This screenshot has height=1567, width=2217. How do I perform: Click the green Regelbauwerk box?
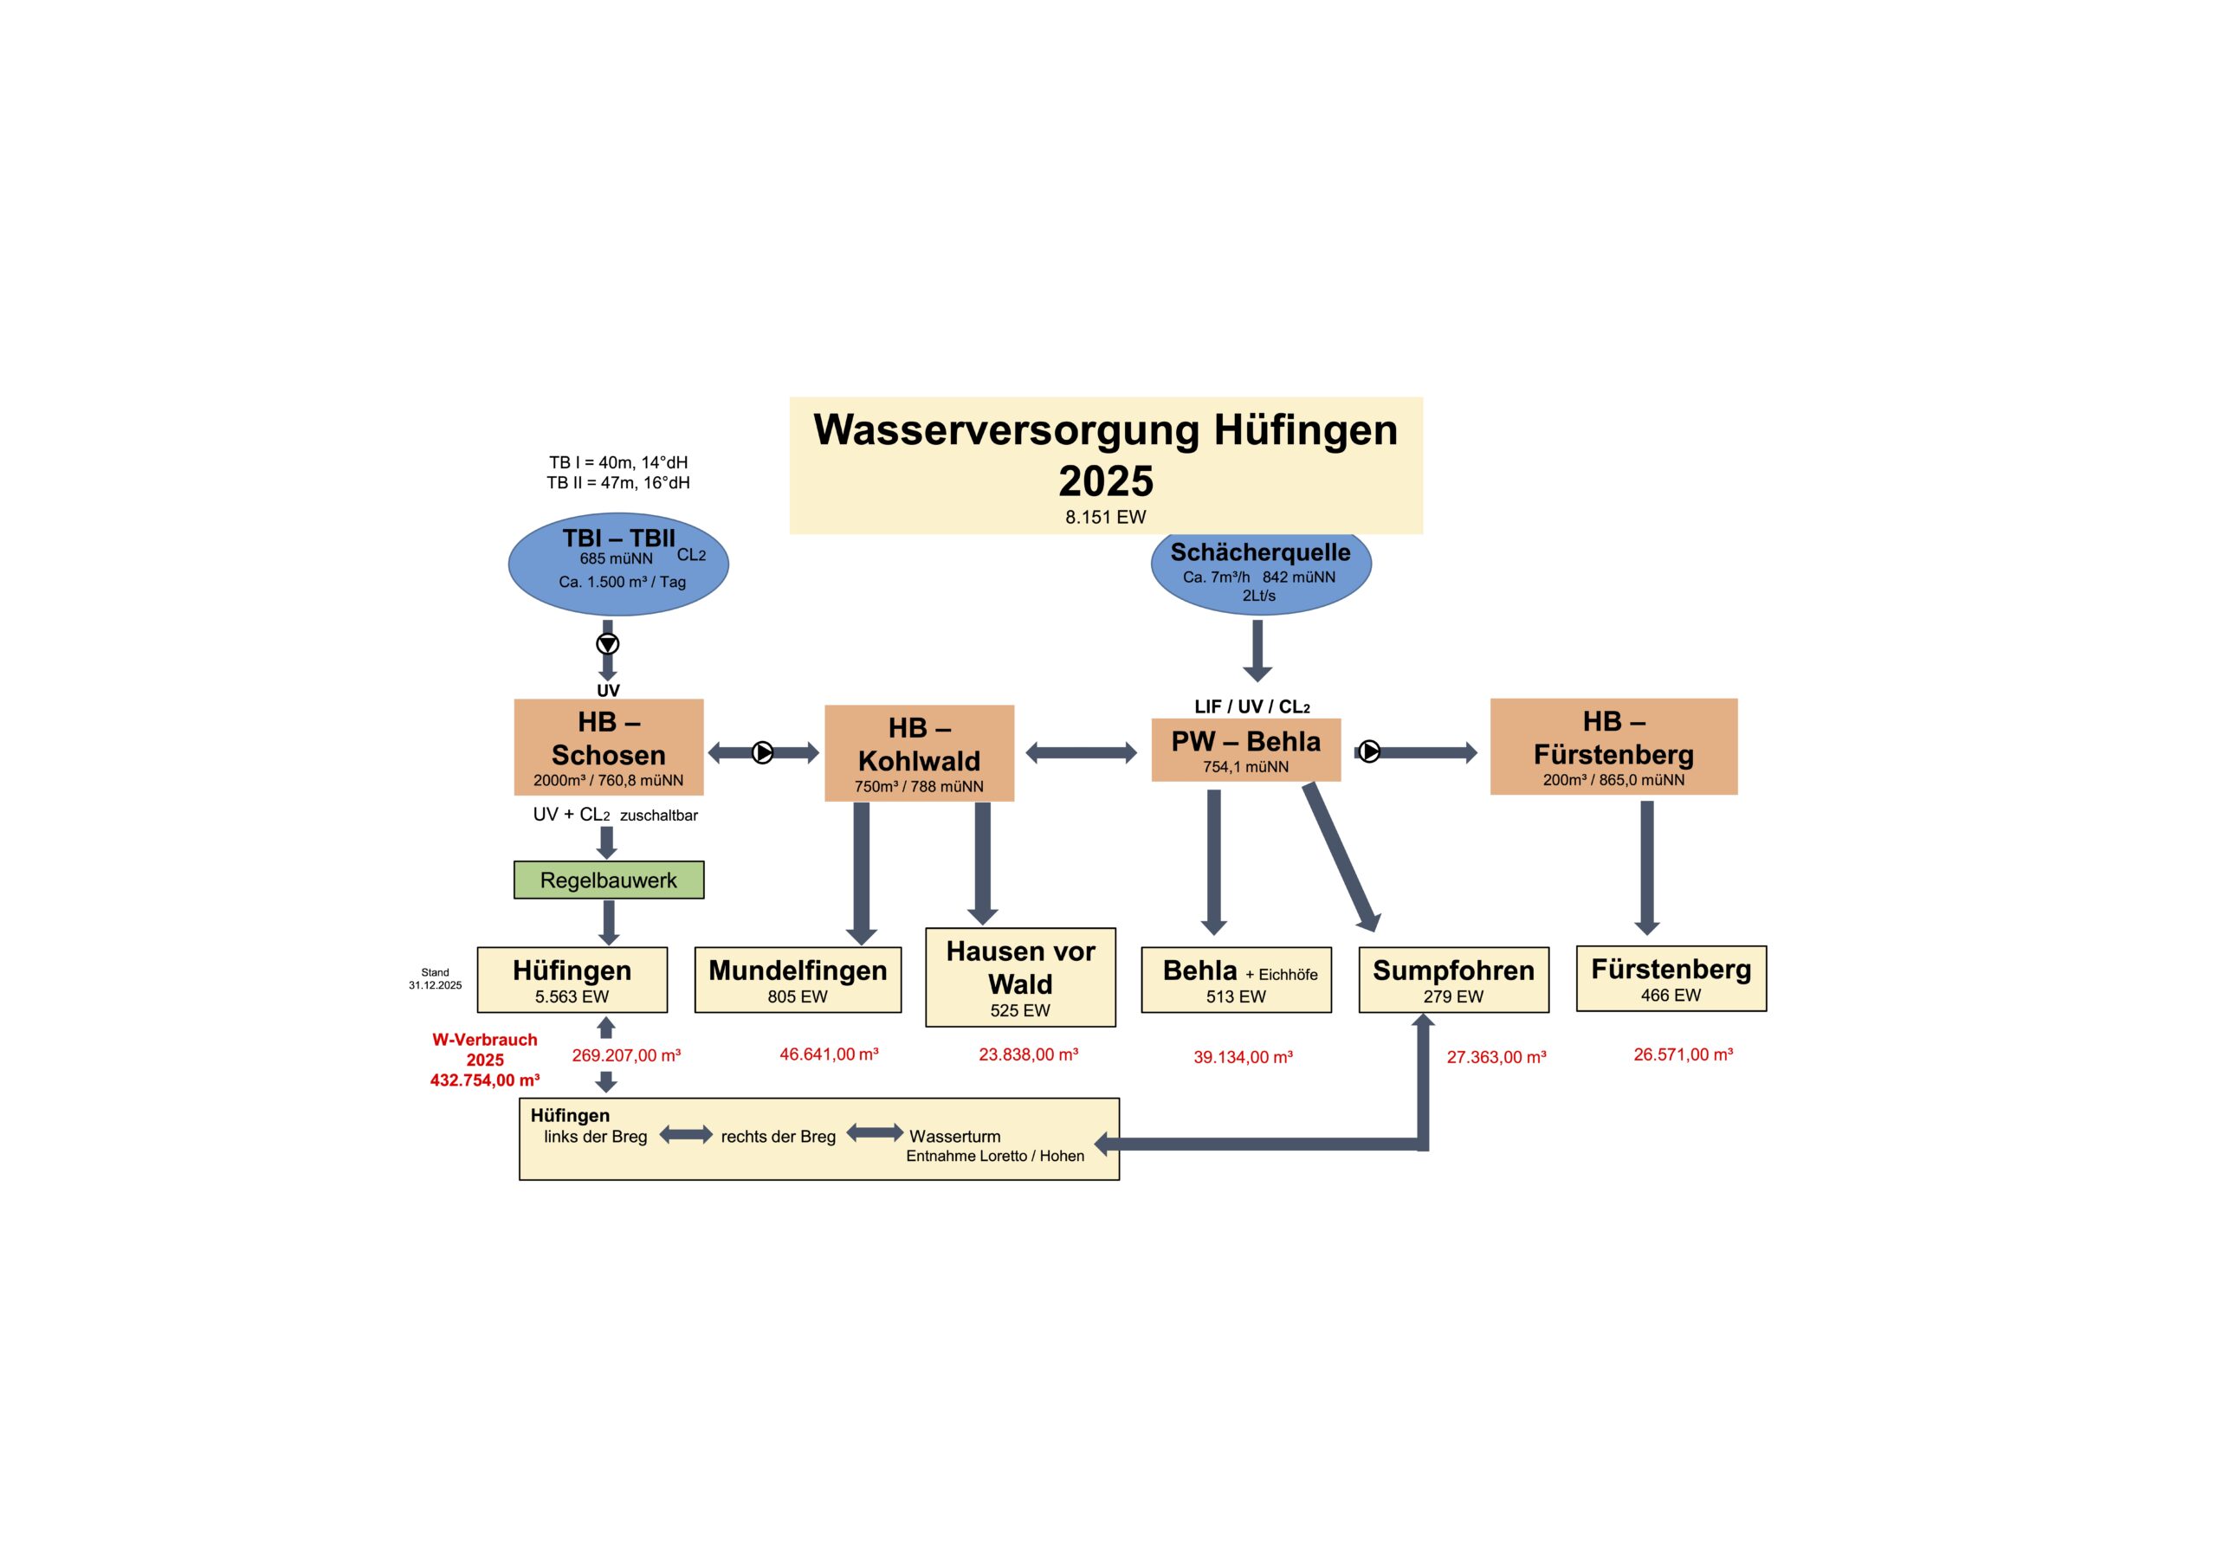[608, 880]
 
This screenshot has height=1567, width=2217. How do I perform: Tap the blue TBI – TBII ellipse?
[618, 564]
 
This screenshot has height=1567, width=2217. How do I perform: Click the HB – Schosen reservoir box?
[608, 747]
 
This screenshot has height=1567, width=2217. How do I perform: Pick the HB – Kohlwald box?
[919, 753]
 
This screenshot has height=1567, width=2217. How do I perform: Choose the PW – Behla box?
[1245, 749]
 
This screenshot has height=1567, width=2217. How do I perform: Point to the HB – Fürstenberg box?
[1613, 746]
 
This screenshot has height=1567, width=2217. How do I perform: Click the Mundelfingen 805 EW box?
[798, 980]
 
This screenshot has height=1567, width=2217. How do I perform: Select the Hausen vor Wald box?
[1021, 977]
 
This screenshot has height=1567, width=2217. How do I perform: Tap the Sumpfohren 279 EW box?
[1453, 980]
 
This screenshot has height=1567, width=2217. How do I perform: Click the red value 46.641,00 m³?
[830, 1054]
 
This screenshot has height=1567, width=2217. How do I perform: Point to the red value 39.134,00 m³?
[1243, 1057]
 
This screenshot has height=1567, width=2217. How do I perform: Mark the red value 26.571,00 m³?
[1683, 1054]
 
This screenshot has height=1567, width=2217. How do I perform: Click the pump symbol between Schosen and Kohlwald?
[763, 752]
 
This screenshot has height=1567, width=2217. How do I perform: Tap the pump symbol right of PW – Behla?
[1369, 751]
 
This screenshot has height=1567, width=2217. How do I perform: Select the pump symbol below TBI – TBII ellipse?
[607, 644]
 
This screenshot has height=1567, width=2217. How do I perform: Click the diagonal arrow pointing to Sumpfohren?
[1342, 857]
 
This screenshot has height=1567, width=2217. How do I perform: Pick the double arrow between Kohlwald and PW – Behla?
[1082, 753]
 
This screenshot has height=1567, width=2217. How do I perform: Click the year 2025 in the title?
[1106, 480]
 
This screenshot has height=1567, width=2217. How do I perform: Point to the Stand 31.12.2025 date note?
[435, 979]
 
